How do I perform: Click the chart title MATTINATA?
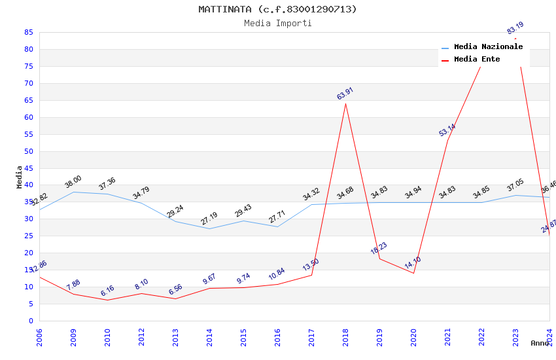coord(277,9)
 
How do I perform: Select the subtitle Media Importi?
coord(277,23)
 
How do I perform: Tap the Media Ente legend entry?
coord(477,59)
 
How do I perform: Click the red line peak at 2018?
coord(345,103)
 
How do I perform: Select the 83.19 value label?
coord(515,28)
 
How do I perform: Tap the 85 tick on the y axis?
coord(29,32)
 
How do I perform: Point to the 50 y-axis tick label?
coord(29,151)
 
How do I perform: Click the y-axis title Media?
coord(20,177)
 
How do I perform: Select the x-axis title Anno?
coord(540,343)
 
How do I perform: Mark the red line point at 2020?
coord(413,273)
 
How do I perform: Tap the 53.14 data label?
coord(447,130)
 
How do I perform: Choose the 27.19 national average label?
coord(209,218)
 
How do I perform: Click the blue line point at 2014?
coord(209,228)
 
